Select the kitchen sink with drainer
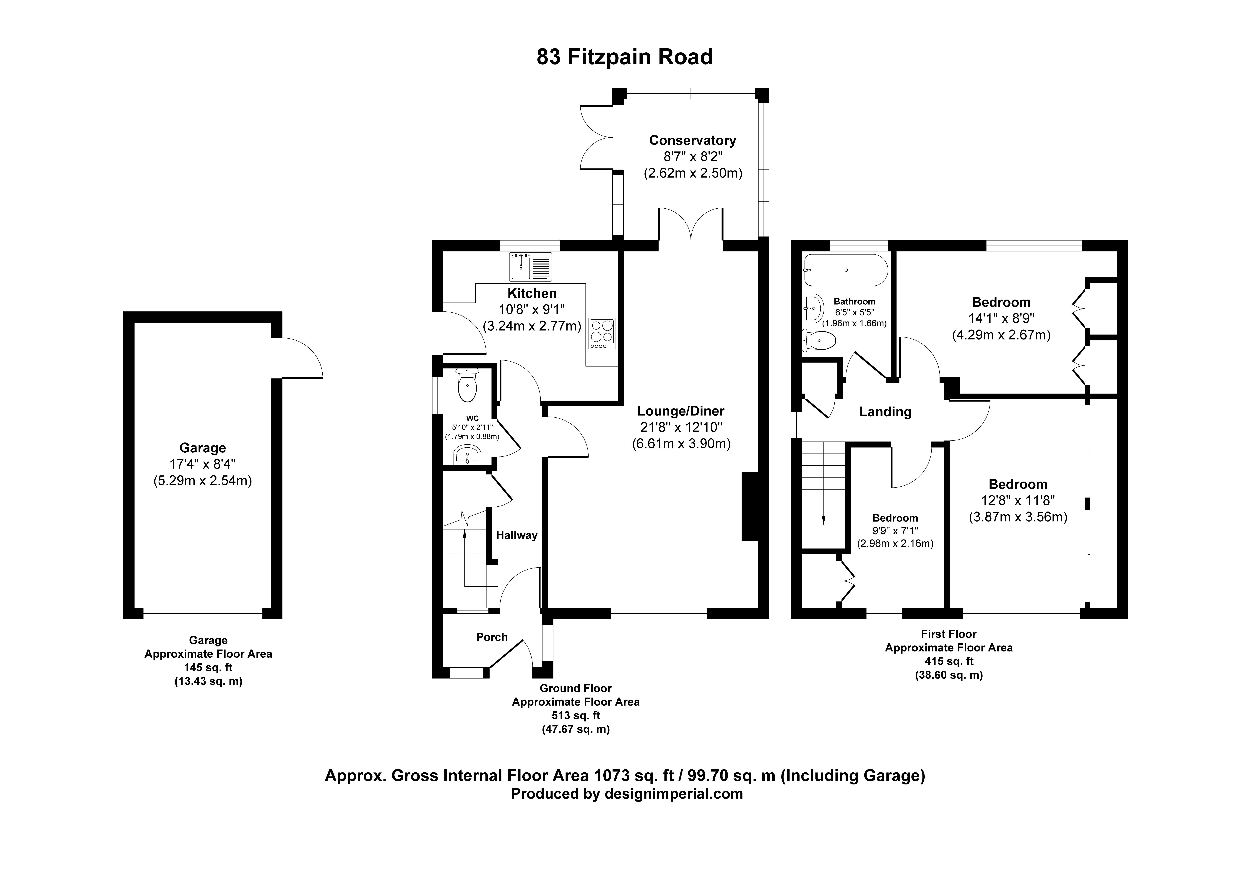[x=530, y=266]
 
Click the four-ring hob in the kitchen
[x=602, y=334]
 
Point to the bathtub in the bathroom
[x=845, y=270]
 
